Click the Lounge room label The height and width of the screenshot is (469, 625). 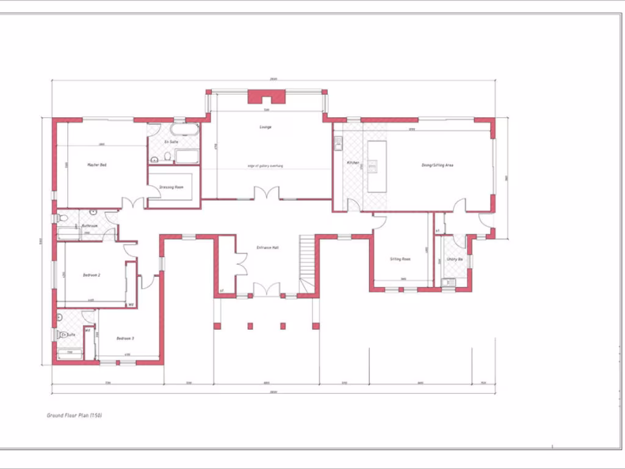[266, 127]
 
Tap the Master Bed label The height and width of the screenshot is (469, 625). [97, 165]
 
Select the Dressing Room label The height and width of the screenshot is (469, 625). [171, 187]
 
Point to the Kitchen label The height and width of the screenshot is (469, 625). [353, 163]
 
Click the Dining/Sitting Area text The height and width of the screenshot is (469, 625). [437, 165]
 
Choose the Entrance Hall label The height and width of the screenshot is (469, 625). [267, 247]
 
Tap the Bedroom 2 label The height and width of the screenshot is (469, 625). [92, 275]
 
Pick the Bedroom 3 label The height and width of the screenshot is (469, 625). [125, 338]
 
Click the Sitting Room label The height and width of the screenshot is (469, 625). [400, 259]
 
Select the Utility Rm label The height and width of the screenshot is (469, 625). [455, 260]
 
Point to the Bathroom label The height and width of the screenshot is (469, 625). [90, 226]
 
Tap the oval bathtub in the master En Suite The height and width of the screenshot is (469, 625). [184, 130]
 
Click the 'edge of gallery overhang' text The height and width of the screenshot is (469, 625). [266, 166]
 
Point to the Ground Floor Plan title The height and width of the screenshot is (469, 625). [74, 415]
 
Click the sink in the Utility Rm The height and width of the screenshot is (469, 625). [449, 282]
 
